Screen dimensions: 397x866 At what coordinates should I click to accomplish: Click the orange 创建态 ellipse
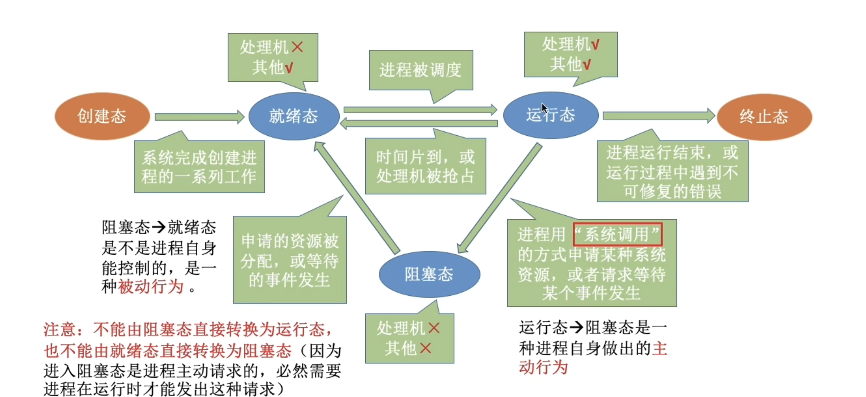pyautogui.click(x=102, y=116)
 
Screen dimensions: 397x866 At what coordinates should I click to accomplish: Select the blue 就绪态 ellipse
pyautogui.click(x=294, y=116)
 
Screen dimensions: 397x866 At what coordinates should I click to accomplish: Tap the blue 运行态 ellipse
pyautogui.click(x=550, y=115)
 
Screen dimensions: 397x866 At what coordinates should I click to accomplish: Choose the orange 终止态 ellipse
pyautogui.click(x=764, y=117)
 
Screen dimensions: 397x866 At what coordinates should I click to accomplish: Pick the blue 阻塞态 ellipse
pyautogui.click(x=429, y=274)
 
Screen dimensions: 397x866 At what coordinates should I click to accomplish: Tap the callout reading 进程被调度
pyautogui.click(x=421, y=70)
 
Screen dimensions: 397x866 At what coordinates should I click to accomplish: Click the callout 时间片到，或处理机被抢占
pyautogui.click(x=425, y=167)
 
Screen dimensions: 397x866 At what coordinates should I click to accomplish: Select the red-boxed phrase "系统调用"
pyautogui.click(x=617, y=234)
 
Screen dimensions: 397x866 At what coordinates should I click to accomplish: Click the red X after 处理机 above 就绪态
pyautogui.click(x=298, y=47)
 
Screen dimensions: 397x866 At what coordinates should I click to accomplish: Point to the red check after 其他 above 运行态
pyautogui.click(x=587, y=64)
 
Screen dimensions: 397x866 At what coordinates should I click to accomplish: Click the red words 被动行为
pyautogui.click(x=151, y=287)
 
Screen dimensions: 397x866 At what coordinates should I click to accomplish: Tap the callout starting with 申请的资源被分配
pyautogui.click(x=290, y=260)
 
